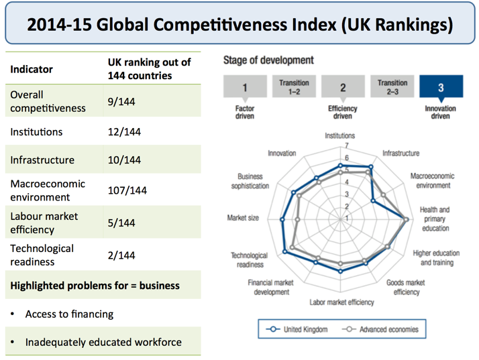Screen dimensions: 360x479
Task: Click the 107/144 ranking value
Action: coord(127,190)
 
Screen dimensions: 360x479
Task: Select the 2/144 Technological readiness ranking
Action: coord(121,255)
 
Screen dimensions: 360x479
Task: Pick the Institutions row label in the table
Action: coord(36,132)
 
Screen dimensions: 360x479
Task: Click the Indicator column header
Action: coord(32,68)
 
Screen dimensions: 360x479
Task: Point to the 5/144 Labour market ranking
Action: coord(121,223)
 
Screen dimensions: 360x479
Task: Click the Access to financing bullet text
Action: coord(69,314)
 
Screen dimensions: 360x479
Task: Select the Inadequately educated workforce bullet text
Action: coord(103,342)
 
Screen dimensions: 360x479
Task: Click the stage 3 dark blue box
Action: coord(440,87)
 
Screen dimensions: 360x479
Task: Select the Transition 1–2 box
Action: coord(293,87)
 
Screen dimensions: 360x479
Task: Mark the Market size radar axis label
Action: coord(243,218)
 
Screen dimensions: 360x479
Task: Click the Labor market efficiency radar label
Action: coord(341,302)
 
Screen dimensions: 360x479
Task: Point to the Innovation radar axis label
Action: coord(282,153)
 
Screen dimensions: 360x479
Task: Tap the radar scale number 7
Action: coord(347,145)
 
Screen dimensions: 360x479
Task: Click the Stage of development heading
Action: coord(268,60)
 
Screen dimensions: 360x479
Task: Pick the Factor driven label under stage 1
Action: coord(246,112)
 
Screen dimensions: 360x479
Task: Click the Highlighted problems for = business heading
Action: coord(95,286)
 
